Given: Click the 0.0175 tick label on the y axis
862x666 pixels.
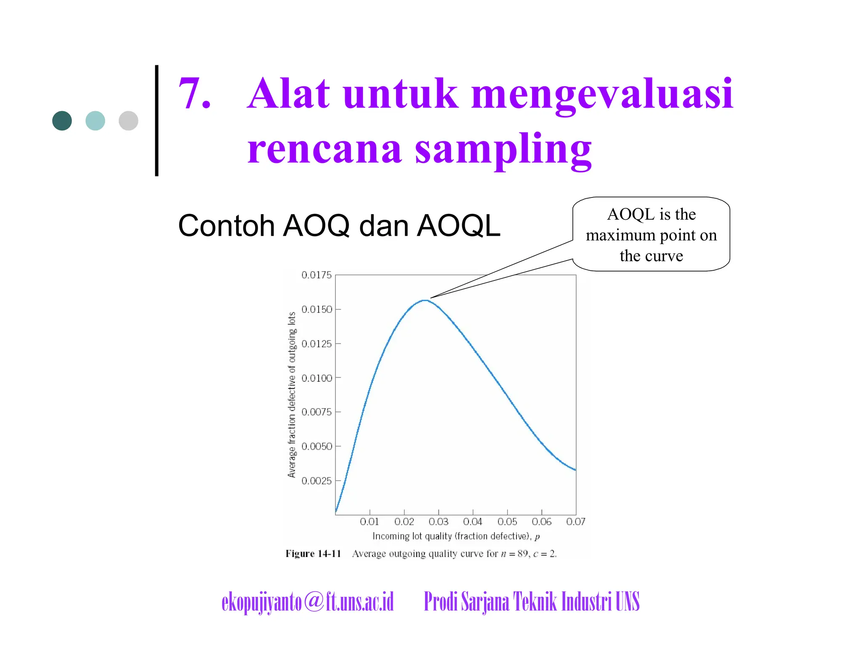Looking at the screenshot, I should click(317, 275).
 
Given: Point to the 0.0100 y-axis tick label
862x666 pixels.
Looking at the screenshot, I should click(317, 378).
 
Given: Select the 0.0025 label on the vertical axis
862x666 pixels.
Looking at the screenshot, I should click(317, 481).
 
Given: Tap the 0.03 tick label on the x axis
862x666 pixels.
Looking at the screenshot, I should click(438, 522).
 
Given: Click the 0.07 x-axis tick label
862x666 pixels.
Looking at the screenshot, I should click(575, 522).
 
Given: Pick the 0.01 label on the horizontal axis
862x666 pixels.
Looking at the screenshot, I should click(370, 522).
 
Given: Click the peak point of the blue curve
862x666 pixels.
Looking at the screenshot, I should click(426, 300).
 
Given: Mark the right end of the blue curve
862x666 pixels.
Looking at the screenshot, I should click(575, 469).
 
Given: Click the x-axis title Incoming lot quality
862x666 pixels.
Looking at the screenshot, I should click(456, 536).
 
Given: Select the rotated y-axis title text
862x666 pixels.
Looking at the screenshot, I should click(292, 395).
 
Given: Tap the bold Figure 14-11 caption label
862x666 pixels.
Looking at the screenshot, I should click(313, 554).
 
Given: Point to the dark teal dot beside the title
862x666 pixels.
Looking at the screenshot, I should click(62, 121).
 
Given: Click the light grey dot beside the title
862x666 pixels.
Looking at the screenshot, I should click(128, 121).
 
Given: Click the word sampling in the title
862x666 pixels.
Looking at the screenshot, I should click(503, 149).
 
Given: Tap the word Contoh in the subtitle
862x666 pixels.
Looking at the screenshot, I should click(226, 226).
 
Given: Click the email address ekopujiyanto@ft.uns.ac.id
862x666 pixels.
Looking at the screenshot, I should click(308, 602).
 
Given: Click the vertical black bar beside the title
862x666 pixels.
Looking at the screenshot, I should click(157, 120).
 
